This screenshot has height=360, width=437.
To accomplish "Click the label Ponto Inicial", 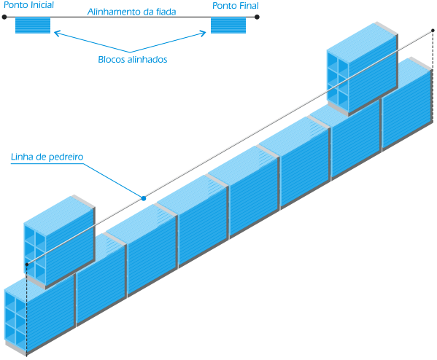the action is [28, 5].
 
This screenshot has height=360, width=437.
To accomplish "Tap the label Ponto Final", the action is [236, 6].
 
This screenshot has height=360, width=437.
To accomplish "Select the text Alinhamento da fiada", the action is [131, 12].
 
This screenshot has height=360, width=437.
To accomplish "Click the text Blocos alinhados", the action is [132, 59].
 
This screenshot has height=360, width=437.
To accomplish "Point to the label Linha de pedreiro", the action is [47, 157].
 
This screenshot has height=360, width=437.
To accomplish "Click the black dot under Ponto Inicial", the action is [4, 17].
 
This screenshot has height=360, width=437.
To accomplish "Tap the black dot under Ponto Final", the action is [257, 17].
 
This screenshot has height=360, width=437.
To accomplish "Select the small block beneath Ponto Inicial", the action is [33, 26].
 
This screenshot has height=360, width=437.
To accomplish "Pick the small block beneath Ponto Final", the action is [228, 26].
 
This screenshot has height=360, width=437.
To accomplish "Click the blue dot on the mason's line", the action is [144, 198].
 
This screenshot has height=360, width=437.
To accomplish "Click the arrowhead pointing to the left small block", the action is [56, 33].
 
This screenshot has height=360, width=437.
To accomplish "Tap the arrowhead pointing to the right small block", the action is [204, 34].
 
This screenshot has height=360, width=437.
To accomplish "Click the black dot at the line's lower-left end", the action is [27, 265].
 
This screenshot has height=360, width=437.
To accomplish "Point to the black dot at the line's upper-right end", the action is [433, 31].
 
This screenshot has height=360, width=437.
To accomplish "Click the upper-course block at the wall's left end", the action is [59, 242].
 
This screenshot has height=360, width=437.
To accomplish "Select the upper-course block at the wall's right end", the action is [363, 69].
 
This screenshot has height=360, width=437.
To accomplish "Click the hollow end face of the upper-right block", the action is [338, 81].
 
